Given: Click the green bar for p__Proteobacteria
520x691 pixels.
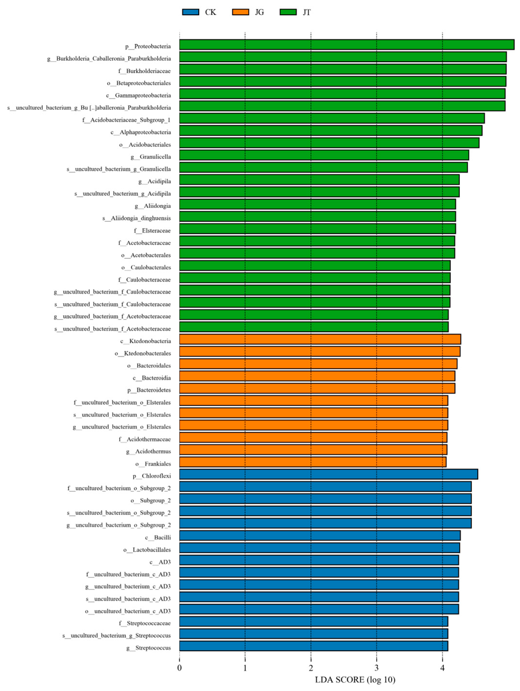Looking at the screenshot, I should (346, 45).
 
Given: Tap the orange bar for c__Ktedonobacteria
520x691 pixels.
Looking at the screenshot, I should (320, 339).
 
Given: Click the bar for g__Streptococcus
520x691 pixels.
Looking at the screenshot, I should (313, 646).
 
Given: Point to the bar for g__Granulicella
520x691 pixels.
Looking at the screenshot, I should (324, 155).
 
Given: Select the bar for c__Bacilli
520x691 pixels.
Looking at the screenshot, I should (320, 535).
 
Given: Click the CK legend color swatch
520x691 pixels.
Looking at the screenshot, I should (190, 12).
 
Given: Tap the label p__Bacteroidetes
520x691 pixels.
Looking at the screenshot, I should (149, 390).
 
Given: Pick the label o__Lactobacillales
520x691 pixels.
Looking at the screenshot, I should (147, 549).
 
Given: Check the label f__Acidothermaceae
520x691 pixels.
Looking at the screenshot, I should (145, 439).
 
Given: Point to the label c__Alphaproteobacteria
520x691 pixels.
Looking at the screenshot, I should (140, 132).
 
